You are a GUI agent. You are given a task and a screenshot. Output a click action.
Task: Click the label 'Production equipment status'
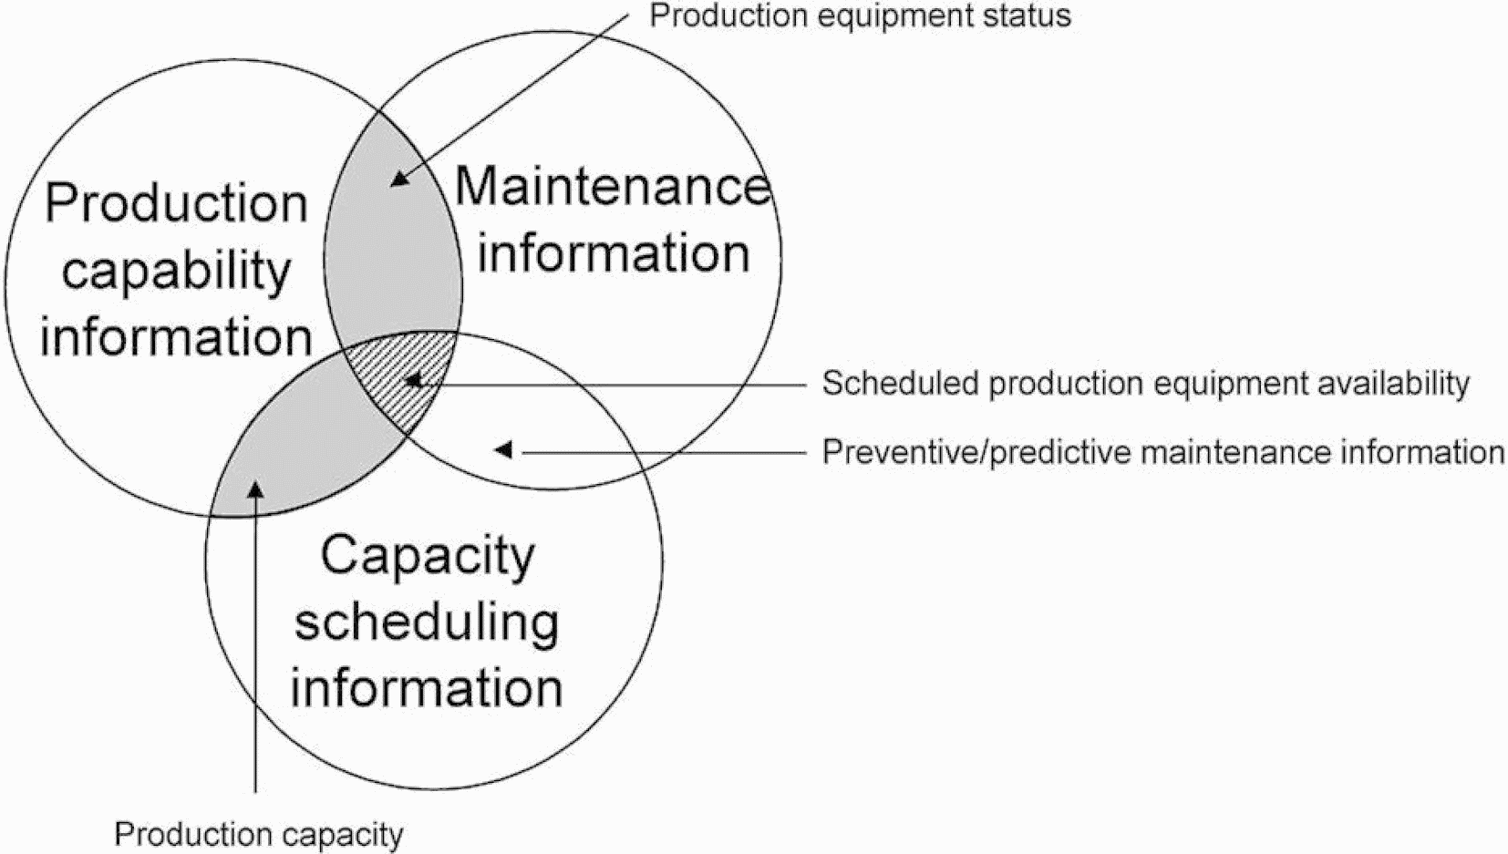click(x=859, y=16)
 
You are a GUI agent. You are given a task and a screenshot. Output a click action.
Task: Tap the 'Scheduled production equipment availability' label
click(x=1145, y=384)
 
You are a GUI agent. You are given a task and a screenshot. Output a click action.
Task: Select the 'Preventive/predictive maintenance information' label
click(x=1162, y=452)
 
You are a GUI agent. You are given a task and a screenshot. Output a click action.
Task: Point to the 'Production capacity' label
click(x=258, y=834)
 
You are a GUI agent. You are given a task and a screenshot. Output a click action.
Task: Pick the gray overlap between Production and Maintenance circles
click(x=392, y=255)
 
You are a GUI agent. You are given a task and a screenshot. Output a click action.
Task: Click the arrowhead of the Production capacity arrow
click(x=256, y=489)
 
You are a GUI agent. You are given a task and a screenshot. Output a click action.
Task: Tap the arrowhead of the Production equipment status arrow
click(x=398, y=179)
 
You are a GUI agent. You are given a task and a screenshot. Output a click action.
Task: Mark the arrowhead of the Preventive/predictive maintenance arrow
click(x=502, y=449)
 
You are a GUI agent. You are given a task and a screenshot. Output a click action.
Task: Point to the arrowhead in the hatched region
click(x=413, y=378)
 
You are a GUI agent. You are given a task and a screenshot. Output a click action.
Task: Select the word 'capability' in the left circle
click(x=176, y=271)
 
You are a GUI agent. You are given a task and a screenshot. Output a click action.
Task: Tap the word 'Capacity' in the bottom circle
click(x=427, y=555)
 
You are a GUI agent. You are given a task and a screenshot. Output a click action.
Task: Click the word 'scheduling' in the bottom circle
click(x=427, y=623)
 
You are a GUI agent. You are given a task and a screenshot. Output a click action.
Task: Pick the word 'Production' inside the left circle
click(x=176, y=202)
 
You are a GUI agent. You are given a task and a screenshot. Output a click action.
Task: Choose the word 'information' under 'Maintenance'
click(x=613, y=253)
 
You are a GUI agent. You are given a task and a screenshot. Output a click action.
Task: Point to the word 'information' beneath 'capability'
click(x=176, y=337)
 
